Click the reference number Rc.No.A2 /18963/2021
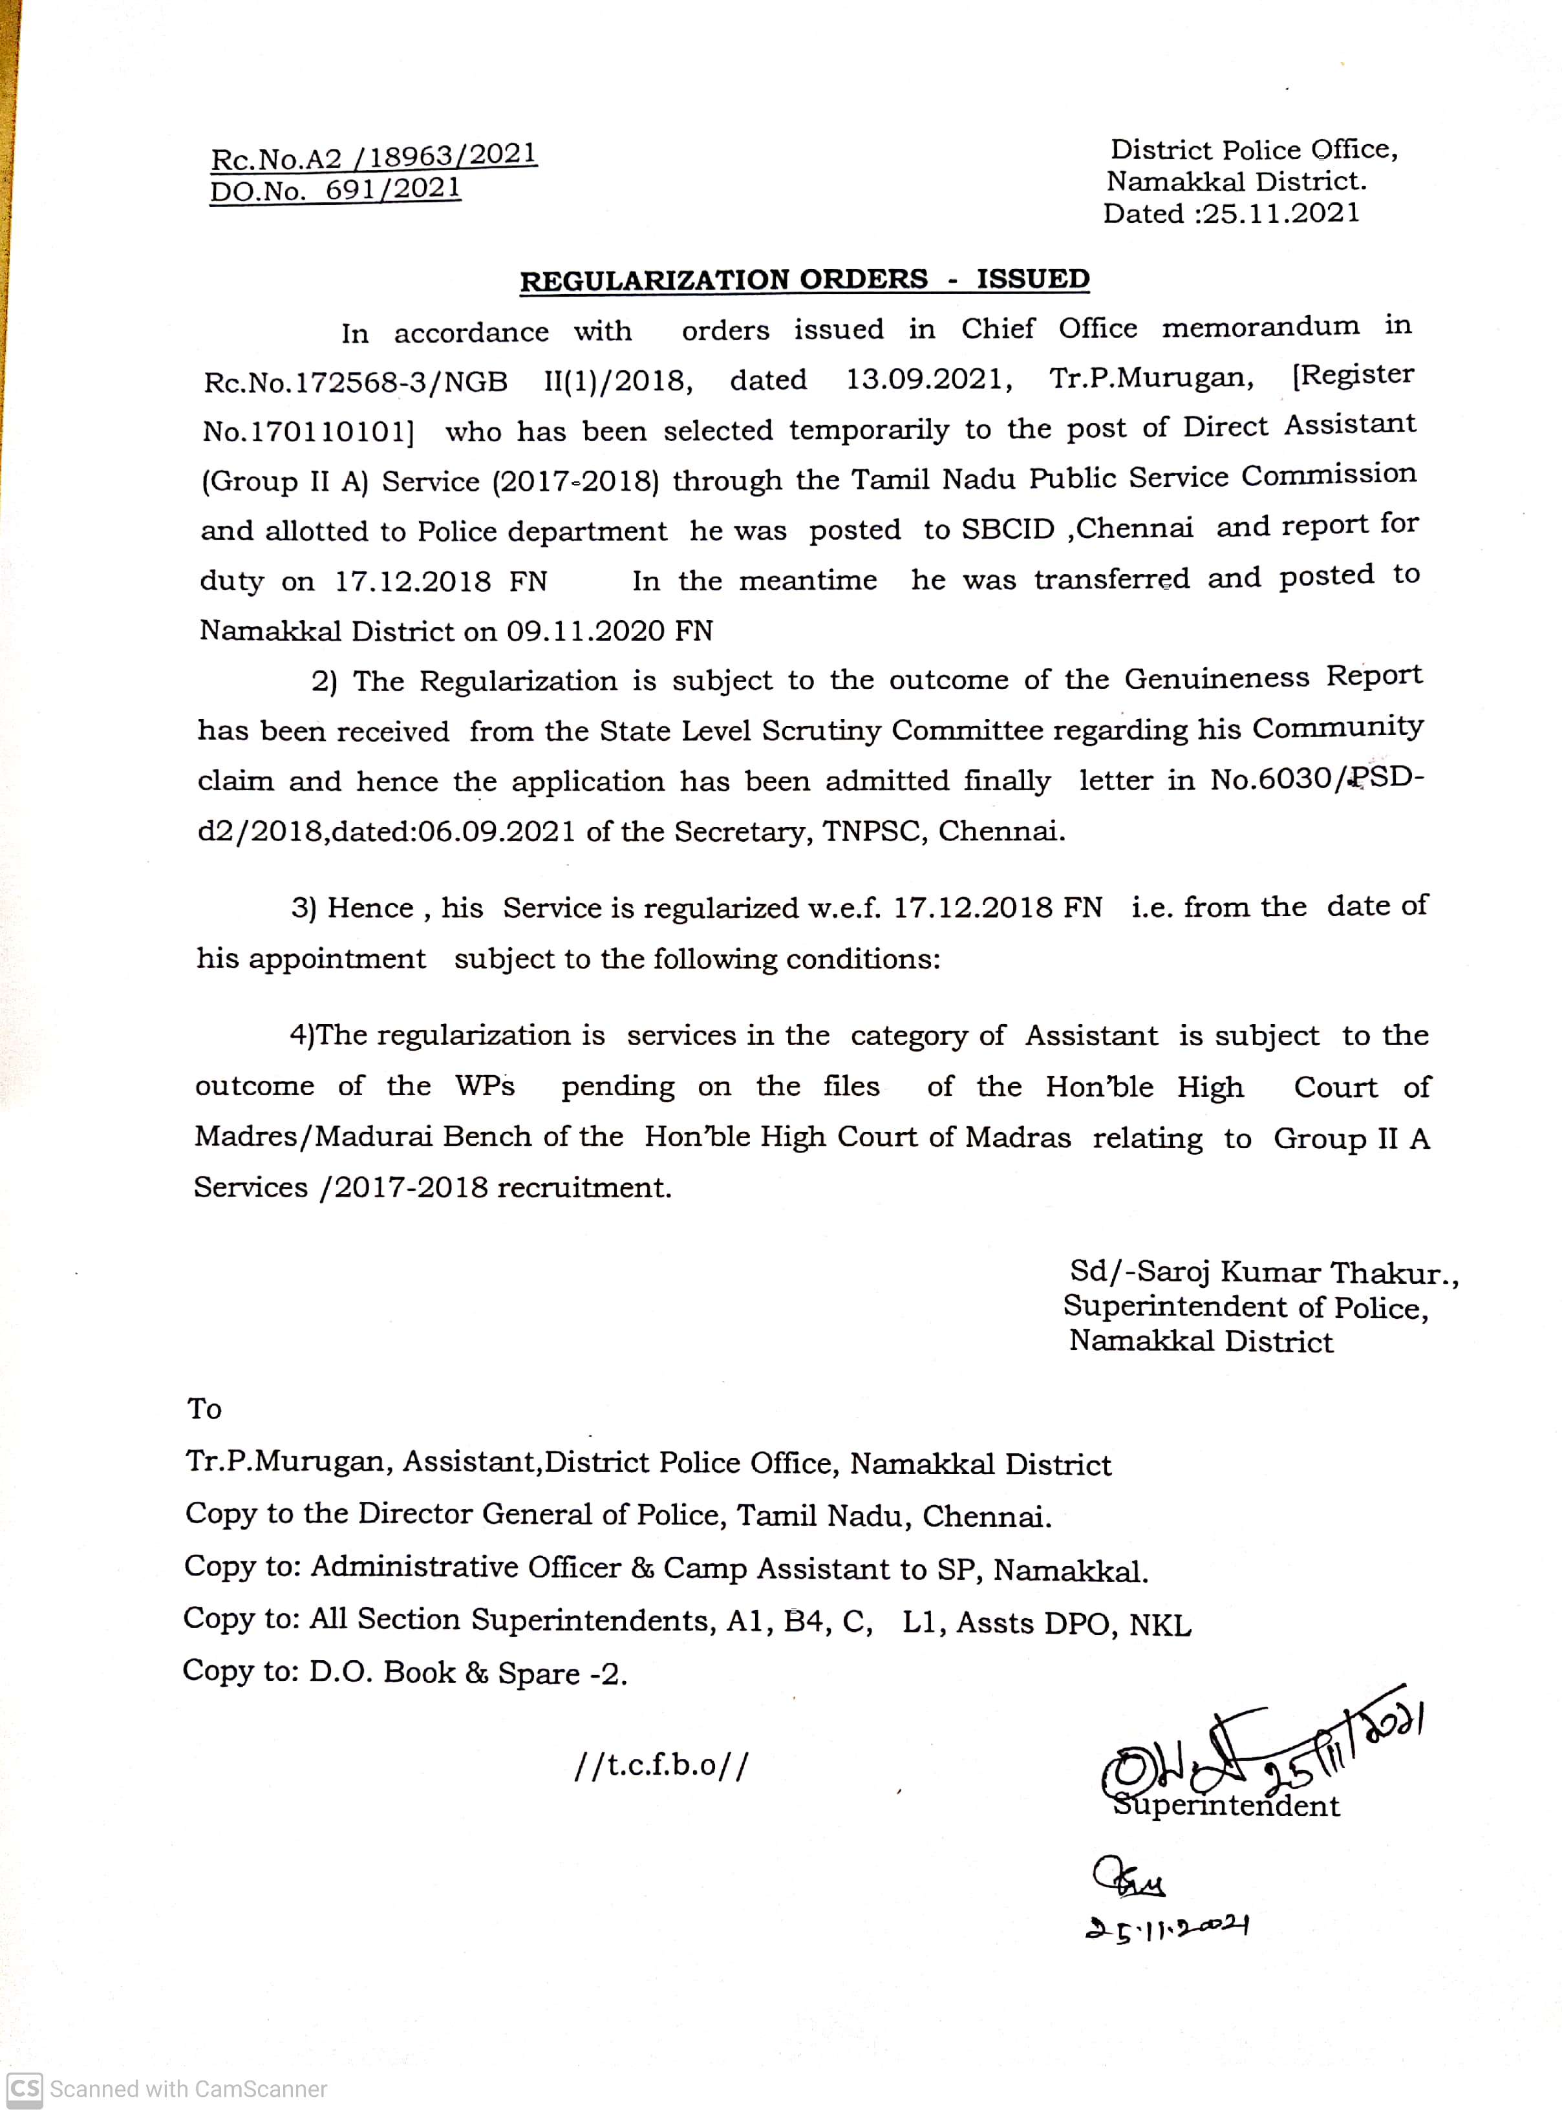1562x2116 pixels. (374, 157)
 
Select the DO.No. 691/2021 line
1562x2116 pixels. (335, 191)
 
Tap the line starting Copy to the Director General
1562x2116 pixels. (617, 1515)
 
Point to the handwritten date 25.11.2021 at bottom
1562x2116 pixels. (1168, 1927)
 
